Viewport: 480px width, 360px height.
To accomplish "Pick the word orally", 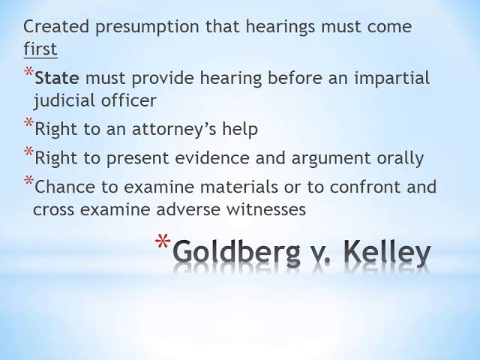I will pyautogui.click(x=401, y=158).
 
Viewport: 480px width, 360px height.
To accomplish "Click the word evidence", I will pyautogui.click(x=190, y=158).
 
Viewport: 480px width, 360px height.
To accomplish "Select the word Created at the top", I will pyautogui.click(x=54, y=28).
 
